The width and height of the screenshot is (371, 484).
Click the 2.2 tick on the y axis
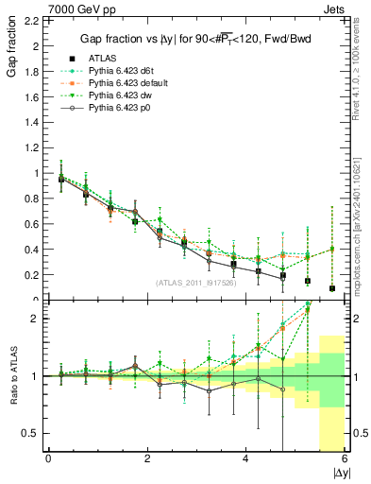(x=30, y=20)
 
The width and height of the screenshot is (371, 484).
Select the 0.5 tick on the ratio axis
(x=29, y=433)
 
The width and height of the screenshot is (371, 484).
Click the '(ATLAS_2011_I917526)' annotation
(x=195, y=284)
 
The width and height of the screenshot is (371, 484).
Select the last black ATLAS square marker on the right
(x=332, y=288)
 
